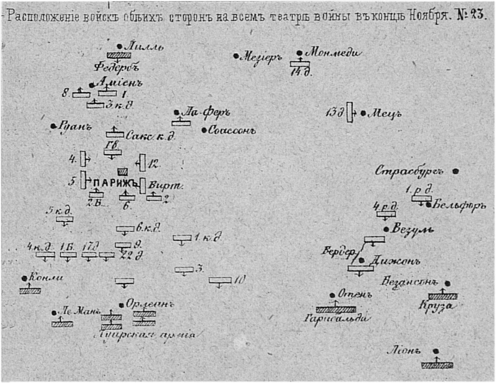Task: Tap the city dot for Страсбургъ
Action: tap(456, 171)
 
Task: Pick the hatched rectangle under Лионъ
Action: tap(437, 365)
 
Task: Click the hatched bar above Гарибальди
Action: tap(335, 309)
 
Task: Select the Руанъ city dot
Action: tap(53, 126)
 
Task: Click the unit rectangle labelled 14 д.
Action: tap(300, 64)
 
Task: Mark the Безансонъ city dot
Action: tap(447, 283)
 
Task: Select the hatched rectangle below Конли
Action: tap(30, 290)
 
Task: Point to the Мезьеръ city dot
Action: tap(236, 56)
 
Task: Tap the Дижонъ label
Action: tap(388, 261)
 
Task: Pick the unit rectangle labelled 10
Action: tap(220, 280)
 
